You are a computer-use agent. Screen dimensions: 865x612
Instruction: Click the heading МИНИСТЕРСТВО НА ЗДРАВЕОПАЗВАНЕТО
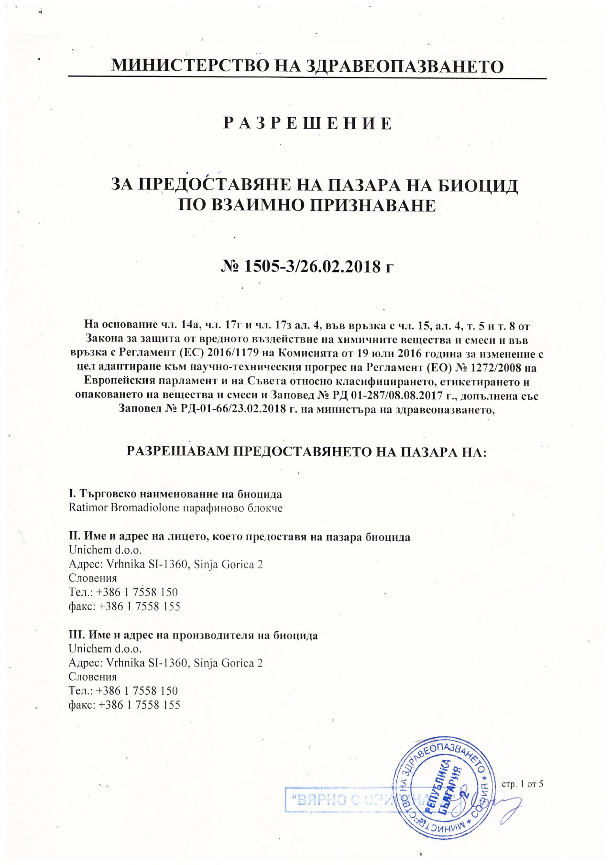point(307,66)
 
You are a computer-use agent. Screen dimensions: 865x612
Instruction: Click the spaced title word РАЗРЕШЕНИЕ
point(308,123)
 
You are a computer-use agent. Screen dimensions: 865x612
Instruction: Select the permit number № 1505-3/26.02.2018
point(307,266)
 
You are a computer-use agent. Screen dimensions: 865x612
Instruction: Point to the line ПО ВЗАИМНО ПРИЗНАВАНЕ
point(307,205)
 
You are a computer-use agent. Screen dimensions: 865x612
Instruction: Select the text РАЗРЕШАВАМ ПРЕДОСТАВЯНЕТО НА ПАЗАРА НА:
point(306,451)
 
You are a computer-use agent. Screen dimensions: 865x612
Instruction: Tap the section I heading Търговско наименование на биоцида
point(175,493)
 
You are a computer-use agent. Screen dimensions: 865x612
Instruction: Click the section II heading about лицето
point(240,537)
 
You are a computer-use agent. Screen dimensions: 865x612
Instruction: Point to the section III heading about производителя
point(193,635)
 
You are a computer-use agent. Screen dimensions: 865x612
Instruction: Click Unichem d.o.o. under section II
point(105,550)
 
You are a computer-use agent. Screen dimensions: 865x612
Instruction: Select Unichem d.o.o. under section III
point(105,649)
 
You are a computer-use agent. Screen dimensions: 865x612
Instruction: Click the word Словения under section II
point(93,578)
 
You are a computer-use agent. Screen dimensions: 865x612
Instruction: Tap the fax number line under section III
point(124,705)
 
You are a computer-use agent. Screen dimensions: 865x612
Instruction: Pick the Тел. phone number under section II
point(123,592)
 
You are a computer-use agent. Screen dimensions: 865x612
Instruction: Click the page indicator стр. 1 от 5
point(522,784)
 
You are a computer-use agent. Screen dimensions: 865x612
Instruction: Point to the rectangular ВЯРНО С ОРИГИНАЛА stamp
point(344,800)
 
